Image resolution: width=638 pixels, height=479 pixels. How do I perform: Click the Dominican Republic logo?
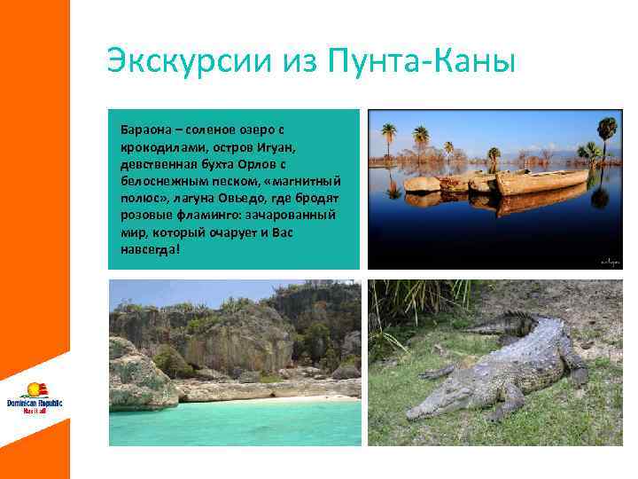(35, 397)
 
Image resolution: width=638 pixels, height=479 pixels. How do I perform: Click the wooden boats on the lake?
(496, 182)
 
